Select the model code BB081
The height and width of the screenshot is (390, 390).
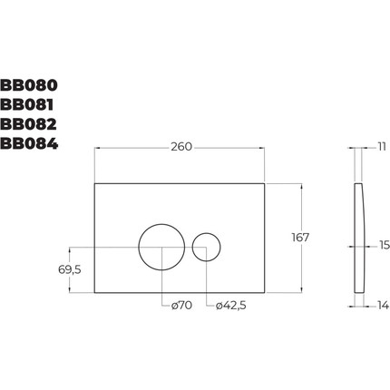pyautogui.click(x=28, y=106)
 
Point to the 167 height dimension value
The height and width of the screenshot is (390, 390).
pyautogui.click(x=300, y=238)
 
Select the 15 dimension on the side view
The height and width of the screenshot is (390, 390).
pyautogui.click(x=383, y=245)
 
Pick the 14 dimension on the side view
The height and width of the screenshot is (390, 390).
pyautogui.click(x=382, y=307)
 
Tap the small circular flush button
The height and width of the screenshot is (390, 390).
pyautogui.click(x=207, y=247)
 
